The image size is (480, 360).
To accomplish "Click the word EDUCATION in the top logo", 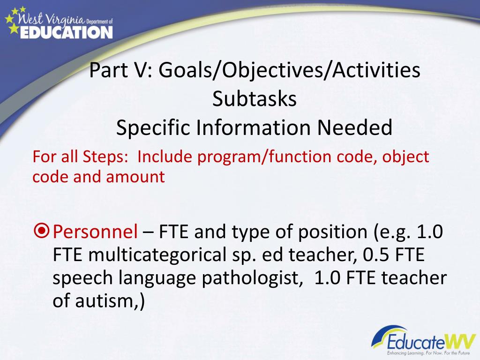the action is (x=67, y=32).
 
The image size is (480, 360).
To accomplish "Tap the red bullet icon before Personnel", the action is (x=42, y=232).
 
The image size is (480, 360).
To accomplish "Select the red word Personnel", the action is (x=95, y=232).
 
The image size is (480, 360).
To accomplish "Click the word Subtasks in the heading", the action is (x=255, y=99).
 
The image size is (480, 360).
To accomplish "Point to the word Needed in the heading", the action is (x=354, y=127).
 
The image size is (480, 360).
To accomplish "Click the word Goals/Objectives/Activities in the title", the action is (x=289, y=70).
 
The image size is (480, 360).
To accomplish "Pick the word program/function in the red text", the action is (x=264, y=157).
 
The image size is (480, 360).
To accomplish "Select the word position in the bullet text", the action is (x=332, y=232).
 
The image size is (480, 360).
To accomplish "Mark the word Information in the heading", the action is (x=253, y=127).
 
